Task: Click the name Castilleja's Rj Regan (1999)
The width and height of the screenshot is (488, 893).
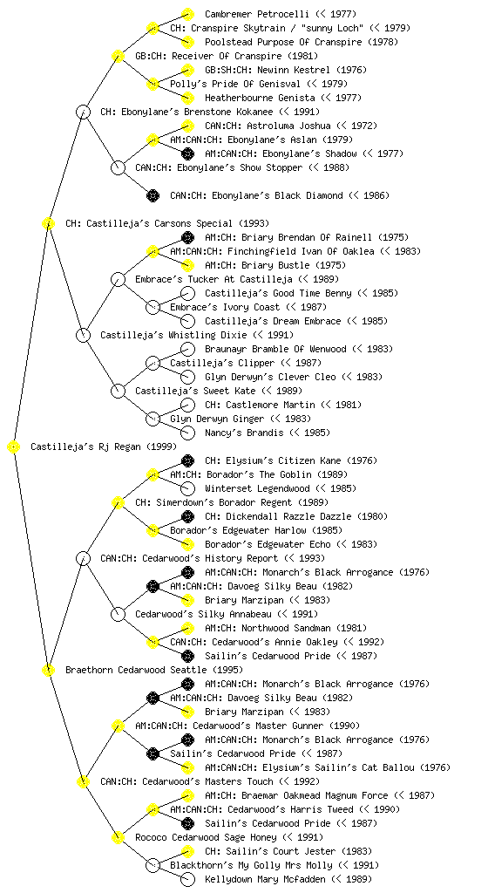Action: pyautogui.click(x=104, y=447)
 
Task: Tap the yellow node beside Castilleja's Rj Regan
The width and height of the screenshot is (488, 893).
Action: pyautogui.click(x=14, y=447)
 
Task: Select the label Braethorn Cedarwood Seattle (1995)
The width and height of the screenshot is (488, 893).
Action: pyautogui.click(x=154, y=671)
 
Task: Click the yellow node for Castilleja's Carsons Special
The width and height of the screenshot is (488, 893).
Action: pyautogui.click(x=48, y=224)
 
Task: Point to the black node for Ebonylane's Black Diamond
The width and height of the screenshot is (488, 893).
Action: pyautogui.click(x=152, y=196)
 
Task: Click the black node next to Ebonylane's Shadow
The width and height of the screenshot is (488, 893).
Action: pyautogui.click(x=187, y=153)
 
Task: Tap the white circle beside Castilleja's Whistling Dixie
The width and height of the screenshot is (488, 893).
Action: pyautogui.click(x=83, y=336)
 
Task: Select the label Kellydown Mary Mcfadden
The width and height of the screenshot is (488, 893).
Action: pyautogui.click(x=265, y=879)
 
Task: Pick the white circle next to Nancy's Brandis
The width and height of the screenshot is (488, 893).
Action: pyautogui.click(x=187, y=433)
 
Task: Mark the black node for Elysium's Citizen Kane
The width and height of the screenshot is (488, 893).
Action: pyautogui.click(x=187, y=460)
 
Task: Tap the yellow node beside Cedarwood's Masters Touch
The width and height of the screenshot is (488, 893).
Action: pyautogui.click(x=83, y=782)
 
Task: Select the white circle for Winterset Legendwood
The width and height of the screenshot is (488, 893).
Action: pyautogui.click(x=187, y=488)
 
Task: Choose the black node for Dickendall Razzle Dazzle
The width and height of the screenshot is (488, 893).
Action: pyautogui.click(x=187, y=516)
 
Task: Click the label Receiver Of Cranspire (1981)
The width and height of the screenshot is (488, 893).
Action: pyautogui.click(x=245, y=57)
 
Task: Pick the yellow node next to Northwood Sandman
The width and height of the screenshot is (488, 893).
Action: pyautogui.click(x=187, y=628)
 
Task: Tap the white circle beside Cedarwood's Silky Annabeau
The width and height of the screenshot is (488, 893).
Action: pyautogui.click(x=118, y=615)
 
